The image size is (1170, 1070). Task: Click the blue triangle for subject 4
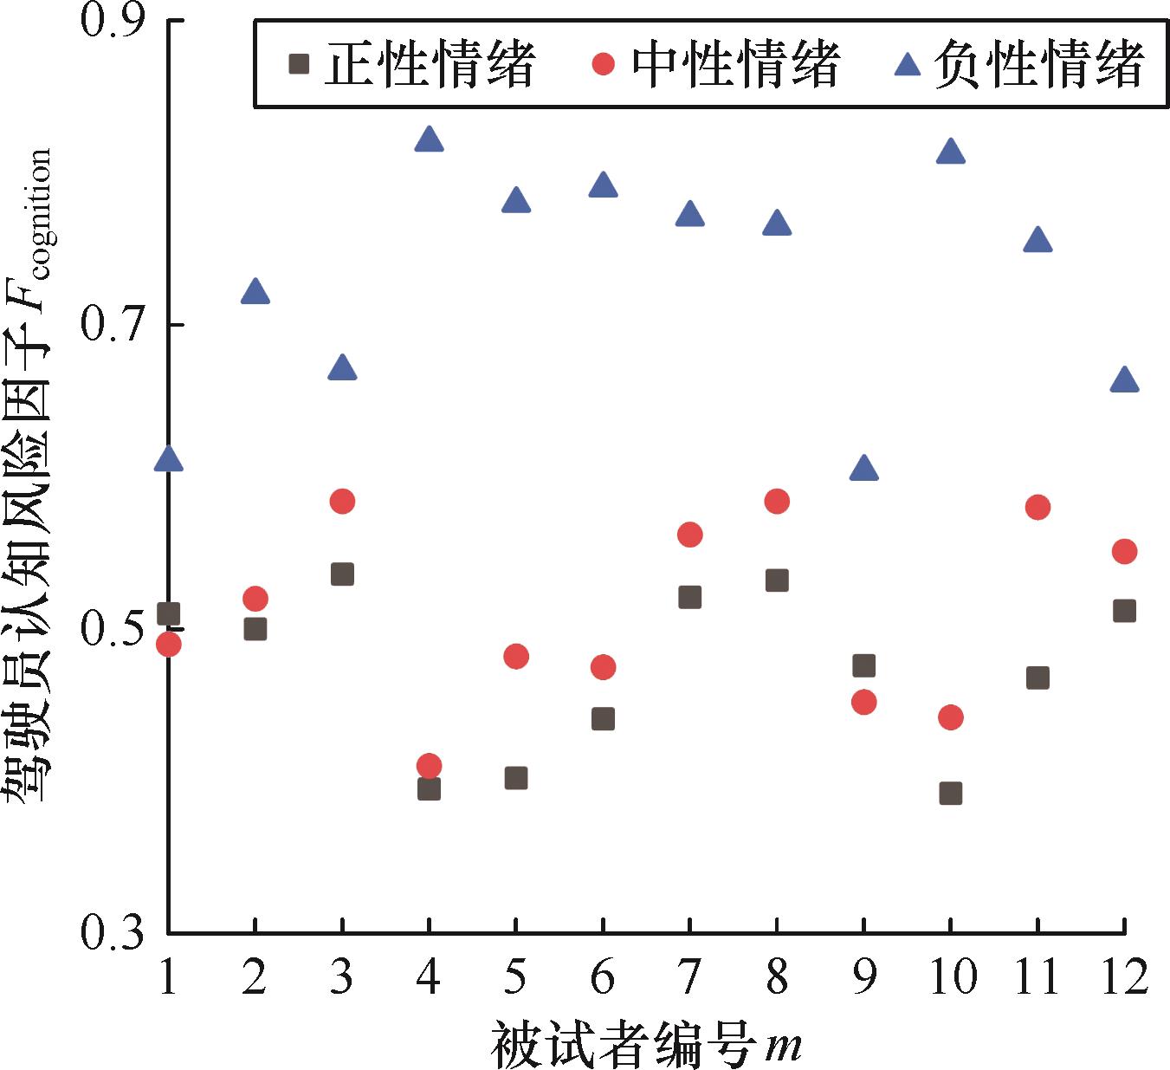point(429,139)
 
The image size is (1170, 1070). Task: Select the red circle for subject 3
point(342,501)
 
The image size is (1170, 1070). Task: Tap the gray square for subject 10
point(950,793)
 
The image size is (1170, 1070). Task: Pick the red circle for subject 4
point(429,765)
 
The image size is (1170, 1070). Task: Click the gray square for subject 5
point(515,778)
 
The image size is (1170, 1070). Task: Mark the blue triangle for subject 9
point(863,469)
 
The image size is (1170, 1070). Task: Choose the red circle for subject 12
point(1123,551)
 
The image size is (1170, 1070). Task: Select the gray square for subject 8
point(777,580)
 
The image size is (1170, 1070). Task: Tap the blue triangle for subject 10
point(950,152)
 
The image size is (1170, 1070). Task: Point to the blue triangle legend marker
point(907,63)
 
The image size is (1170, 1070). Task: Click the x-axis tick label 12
point(1122,976)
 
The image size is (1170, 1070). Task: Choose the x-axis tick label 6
point(602,976)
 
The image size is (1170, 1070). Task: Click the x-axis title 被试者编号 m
point(645,1044)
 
